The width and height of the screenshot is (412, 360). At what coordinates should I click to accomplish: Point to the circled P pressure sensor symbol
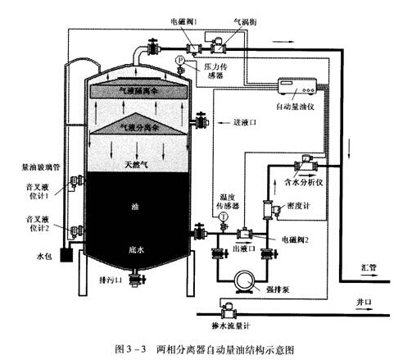click(180, 62)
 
